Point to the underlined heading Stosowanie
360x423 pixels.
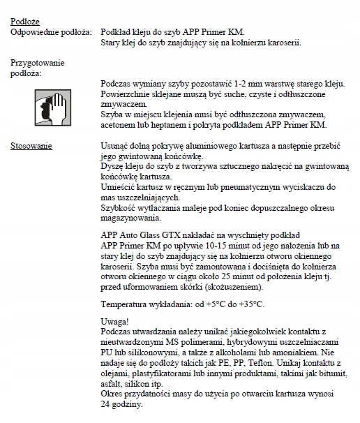tap(31, 146)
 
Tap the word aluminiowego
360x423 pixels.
tap(202, 146)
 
